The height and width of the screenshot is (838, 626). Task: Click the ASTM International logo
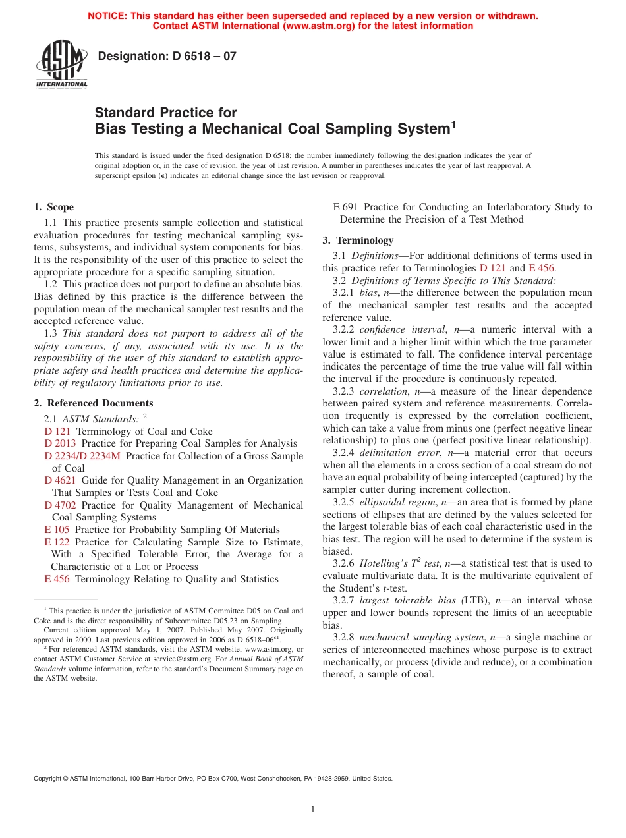point(61,65)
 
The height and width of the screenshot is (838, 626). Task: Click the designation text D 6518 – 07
point(167,57)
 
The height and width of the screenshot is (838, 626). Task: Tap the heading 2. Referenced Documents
point(93,403)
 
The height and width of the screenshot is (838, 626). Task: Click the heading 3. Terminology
point(358,240)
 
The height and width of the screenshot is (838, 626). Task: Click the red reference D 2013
point(60,443)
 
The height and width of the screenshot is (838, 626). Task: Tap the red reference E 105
point(57,530)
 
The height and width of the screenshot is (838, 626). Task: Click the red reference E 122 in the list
point(57,542)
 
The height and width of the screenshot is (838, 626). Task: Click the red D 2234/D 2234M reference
point(82,456)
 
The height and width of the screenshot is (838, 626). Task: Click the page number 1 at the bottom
point(313,810)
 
